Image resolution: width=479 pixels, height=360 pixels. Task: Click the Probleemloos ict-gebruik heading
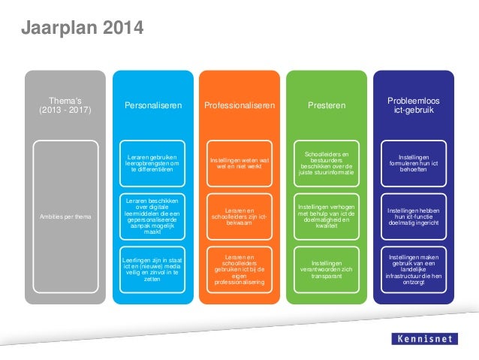[x=414, y=106]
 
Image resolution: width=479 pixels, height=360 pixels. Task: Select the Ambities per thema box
[x=64, y=217]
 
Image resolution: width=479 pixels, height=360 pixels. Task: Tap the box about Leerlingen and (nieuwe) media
[x=153, y=268]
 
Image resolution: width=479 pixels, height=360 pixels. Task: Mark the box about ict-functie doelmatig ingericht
[x=414, y=216]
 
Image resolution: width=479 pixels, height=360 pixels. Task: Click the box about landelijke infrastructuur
[x=414, y=268]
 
